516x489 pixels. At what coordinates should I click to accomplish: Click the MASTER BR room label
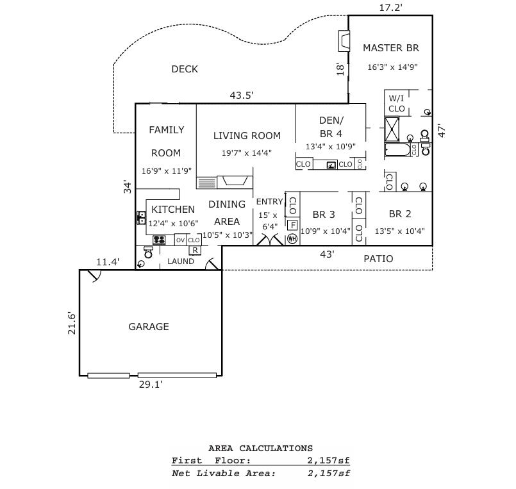(x=391, y=48)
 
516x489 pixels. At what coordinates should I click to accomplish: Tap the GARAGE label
(x=149, y=327)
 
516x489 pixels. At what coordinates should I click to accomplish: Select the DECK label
(x=185, y=69)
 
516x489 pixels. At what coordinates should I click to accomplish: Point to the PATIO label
(x=378, y=259)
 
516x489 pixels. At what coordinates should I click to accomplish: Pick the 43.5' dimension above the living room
(x=242, y=95)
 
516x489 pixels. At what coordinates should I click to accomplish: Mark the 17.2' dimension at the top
(x=391, y=8)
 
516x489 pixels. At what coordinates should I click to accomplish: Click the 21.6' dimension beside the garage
(x=72, y=322)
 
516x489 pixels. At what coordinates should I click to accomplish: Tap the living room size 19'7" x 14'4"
(x=247, y=153)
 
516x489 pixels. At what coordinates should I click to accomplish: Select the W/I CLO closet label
(x=397, y=104)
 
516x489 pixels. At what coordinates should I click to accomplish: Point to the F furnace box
(x=292, y=225)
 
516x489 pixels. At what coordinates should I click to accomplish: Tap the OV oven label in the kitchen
(x=180, y=240)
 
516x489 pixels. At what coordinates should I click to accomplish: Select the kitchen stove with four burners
(x=160, y=240)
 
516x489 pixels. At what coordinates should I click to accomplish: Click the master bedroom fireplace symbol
(x=344, y=42)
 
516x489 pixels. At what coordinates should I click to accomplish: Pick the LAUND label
(x=181, y=261)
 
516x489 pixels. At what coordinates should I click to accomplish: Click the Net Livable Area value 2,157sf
(x=329, y=474)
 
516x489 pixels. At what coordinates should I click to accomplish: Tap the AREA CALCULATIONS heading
(x=261, y=449)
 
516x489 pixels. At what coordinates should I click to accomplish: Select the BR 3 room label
(x=324, y=215)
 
